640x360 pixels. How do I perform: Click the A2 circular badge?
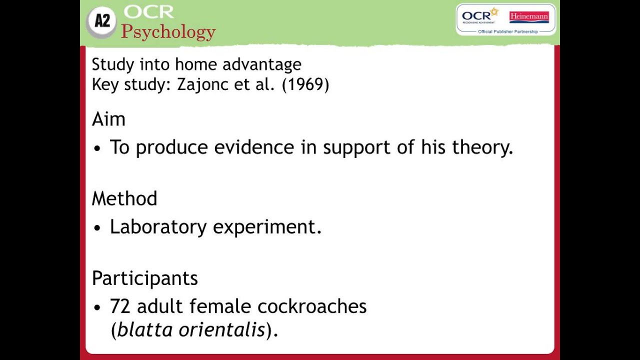click(102, 21)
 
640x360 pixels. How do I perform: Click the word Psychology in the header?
click(168, 31)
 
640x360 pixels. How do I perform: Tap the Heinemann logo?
click(528, 16)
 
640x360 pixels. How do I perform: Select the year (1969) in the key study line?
click(305, 84)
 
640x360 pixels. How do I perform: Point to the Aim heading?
click(108, 119)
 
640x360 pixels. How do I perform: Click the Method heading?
click(124, 198)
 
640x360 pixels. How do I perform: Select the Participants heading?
click(144, 278)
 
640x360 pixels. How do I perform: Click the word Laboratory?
click(158, 227)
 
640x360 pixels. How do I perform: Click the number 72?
click(120, 306)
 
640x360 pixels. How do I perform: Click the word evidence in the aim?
click(254, 147)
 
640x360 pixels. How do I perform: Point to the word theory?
click(482, 147)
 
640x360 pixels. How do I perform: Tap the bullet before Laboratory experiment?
click(97, 228)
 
